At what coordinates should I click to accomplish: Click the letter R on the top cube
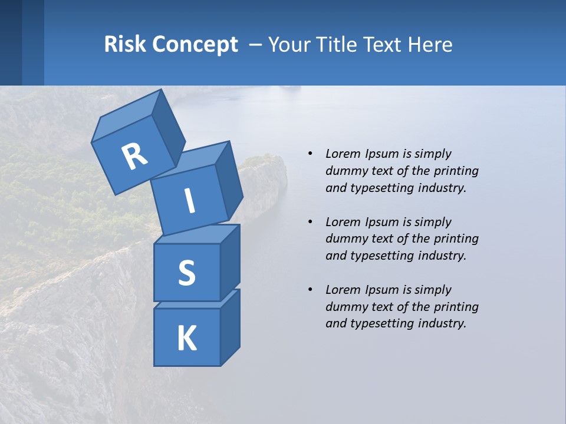click(134, 157)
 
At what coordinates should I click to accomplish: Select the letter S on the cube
click(187, 273)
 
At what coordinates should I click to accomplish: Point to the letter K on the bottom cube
click(187, 339)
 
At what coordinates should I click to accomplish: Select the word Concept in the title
click(195, 45)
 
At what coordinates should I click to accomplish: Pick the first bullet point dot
click(310, 154)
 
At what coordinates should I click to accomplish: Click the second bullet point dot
click(310, 222)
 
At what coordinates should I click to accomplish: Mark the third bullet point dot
click(310, 290)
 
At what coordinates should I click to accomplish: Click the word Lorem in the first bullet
click(341, 154)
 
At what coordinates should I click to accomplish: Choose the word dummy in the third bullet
click(345, 306)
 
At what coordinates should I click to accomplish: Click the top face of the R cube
click(127, 119)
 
